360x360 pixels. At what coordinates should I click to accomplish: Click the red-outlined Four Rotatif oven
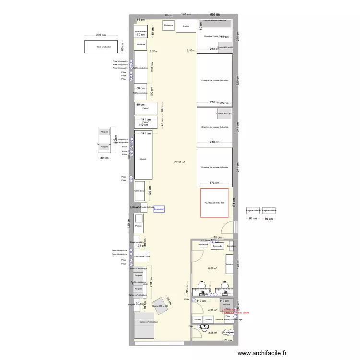[x=214, y=203]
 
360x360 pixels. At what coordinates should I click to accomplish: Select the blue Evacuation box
[x=159, y=209]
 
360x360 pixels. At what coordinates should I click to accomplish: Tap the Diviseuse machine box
[x=168, y=25]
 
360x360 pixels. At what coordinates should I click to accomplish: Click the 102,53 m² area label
[x=180, y=162]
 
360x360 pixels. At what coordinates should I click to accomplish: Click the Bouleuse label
[x=141, y=44]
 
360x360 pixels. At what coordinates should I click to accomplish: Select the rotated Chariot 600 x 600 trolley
[x=159, y=306]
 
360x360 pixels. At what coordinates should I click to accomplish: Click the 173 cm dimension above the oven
[x=215, y=183]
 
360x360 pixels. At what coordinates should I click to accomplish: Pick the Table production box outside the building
[x=104, y=47]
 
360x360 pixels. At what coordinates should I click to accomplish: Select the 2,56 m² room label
[x=212, y=332]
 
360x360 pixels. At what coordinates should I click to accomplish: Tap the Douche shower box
[x=226, y=304]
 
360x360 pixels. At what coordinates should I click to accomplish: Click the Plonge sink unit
[x=138, y=225]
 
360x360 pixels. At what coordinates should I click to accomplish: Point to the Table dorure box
[x=139, y=191]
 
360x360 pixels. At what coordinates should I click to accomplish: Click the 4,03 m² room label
[x=213, y=310]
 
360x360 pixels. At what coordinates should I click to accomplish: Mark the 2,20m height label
[x=154, y=51]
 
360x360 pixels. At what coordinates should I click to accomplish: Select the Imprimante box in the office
[x=203, y=245]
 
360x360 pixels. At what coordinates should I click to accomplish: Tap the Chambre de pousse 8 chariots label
[x=215, y=80]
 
